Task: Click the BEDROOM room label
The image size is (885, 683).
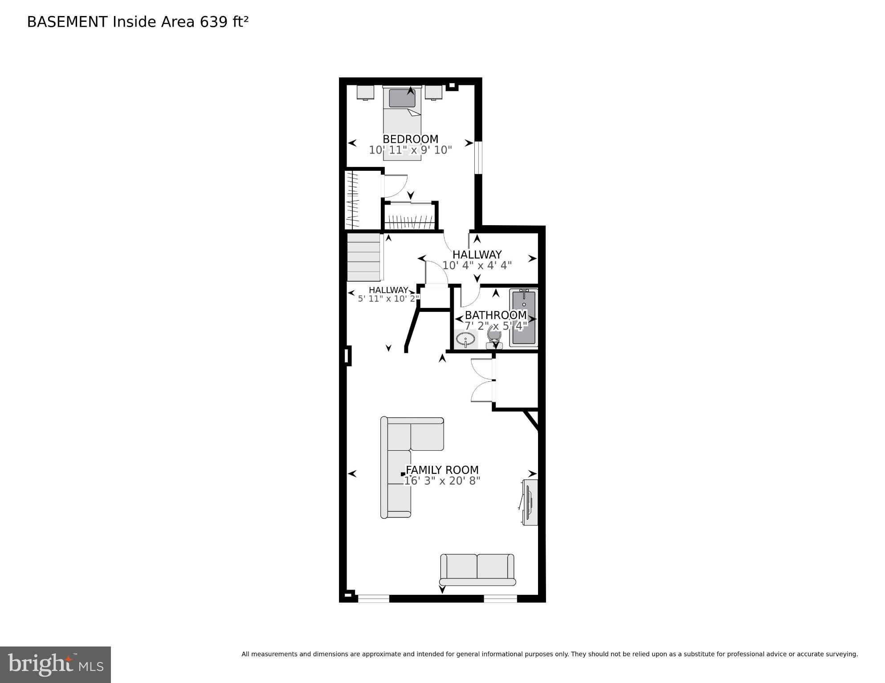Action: pyautogui.click(x=410, y=139)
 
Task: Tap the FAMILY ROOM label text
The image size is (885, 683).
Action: pyautogui.click(x=442, y=470)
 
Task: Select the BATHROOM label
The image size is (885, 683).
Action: pyautogui.click(x=496, y=315)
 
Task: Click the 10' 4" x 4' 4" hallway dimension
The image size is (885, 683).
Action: pyautogui.click(x=477, y=266)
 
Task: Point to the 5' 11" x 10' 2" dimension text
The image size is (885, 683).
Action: pyautogui.click(x=388, y=299)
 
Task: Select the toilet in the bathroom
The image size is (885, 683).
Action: pyautogui.click(x=494, y=337)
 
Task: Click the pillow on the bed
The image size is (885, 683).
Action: pyautogui.click(x=402, y=98)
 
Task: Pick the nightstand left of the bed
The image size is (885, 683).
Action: pyautogui.click(x=365, y=92)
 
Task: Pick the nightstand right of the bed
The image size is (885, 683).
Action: pyautogui.click(x=433, y=92)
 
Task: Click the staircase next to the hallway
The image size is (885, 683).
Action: pyautogui.click(x=363, y=258)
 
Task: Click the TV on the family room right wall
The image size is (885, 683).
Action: pyautogui.click(x=530, y=502)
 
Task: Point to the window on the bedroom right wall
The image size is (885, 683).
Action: pyautogui.click(x=478, y=158)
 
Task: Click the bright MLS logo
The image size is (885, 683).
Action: pyautogui.click(x=55, y=664)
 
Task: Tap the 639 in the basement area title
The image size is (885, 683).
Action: pyautogui.click(x=213, y=22)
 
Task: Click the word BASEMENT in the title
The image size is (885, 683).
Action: pyautogui.click(x=67, y=22)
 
